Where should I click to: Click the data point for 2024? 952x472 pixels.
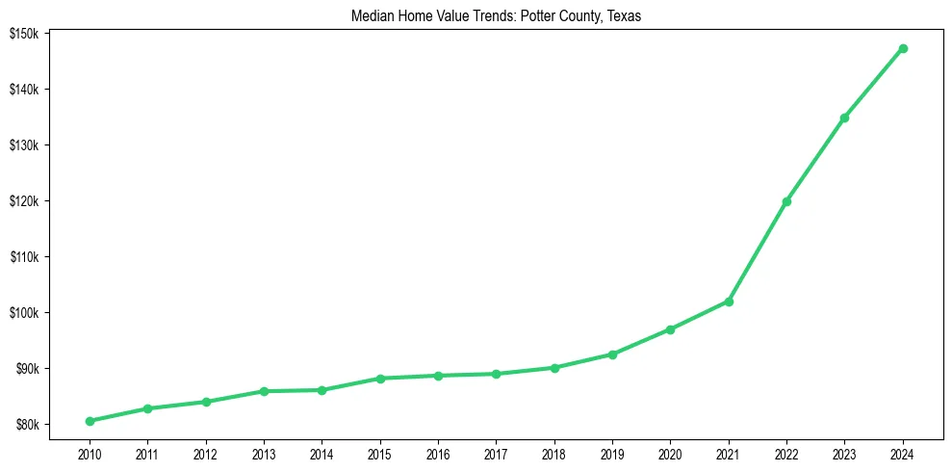(x=903, y=48)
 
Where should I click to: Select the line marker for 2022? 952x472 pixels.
(x=786, y=201)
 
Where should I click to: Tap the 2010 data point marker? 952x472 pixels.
(x=90, y=421)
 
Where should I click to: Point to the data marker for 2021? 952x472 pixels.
(x=729, y=302)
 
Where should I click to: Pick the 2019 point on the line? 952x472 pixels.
(x=612, y=354)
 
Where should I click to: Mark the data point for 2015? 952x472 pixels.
(x=380, y=379)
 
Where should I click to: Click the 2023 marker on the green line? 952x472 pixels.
(x=845, y=118)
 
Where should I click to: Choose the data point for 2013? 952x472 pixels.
(x=264, y=391)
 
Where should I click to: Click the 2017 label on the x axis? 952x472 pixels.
(x=496, y=453)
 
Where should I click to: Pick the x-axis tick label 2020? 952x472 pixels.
(x=671, y=453)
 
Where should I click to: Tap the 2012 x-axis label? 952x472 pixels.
(x=206, y=453)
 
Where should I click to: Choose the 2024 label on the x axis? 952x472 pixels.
(x=903, y=453)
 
